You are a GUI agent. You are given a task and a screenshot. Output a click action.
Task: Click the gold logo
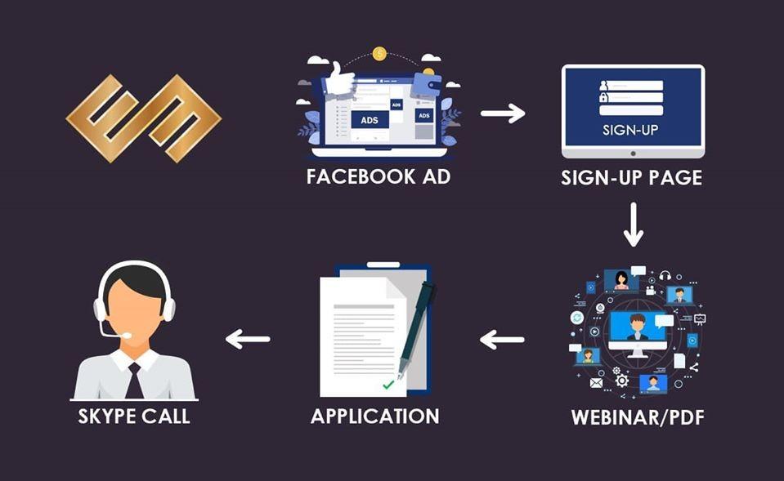coord(144,118)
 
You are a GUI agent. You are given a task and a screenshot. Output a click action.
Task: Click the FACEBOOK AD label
coord(379,177)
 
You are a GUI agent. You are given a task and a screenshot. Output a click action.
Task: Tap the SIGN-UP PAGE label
coord(631,178)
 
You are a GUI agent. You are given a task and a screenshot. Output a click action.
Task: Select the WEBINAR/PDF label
coord(638,417)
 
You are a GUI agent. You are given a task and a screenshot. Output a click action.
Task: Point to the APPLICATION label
coord(375,416)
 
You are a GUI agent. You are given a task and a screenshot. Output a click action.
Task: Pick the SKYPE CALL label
coord(134,416)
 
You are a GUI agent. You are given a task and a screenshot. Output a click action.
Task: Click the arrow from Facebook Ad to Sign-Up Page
coord(503,113)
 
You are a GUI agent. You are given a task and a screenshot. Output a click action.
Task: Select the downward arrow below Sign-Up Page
coord(634,225)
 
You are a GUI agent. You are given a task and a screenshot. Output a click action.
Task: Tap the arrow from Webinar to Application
coord(501,340)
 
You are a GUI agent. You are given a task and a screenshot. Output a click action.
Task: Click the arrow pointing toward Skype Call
coord(248,339)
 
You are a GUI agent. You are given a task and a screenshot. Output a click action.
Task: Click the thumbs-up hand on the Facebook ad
coord(339,79)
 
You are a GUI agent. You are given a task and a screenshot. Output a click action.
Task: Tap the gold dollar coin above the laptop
coord(379,53)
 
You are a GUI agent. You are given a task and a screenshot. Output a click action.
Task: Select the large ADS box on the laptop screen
coord(370,120)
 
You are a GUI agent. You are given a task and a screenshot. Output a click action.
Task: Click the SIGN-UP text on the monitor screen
coord(630,131)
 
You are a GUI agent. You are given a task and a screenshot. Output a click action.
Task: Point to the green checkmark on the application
coord(388,385)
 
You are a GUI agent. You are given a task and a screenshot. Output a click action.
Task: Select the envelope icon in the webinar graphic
coord(596,383)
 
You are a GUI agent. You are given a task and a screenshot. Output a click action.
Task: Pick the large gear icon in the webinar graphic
coord(621,381)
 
